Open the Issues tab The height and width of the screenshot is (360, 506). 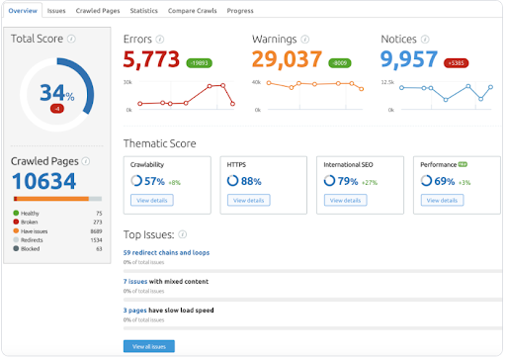(x=56, y=11)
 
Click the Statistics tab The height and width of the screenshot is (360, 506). (x=144, y=11)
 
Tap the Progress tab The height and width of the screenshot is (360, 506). (x=240, y=11)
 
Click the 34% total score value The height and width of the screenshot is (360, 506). (x=56, y=93)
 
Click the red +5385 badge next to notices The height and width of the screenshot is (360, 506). (x=458, y=62)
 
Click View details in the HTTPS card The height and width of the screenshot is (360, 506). (x=247, y=200)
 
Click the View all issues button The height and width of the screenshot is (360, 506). (x=148, y=346)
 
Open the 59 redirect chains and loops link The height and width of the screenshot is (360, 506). (x=166, y=254)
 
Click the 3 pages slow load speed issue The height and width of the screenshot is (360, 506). (x=176, y=311)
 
